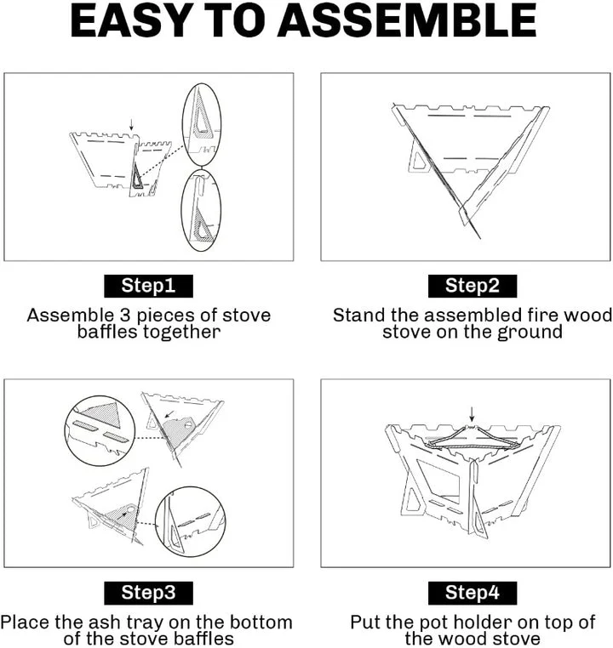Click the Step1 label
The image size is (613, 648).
(x=148, y=286)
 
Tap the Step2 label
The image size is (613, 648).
(x=473, y=286)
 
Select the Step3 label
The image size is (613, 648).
(x=148, y=593)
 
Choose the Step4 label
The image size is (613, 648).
(x=473, y=593)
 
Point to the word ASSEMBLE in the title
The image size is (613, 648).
(x=407, y=20)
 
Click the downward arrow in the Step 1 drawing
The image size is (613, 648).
(x=131, y=124)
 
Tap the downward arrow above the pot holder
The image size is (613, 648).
(x=472, y=413)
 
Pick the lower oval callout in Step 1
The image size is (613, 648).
(x=182, y=210)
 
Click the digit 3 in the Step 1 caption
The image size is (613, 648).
(x=125, y=315)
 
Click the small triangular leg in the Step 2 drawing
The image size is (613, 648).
(x=419, y=162)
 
